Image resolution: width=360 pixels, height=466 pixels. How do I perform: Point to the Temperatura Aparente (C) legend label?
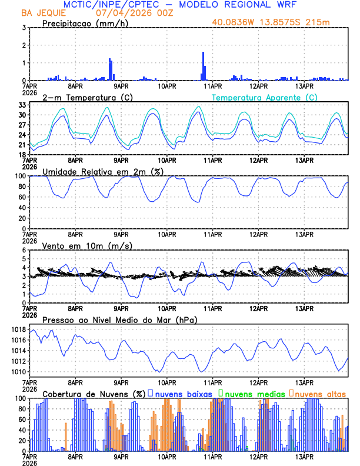[x=264, y=97]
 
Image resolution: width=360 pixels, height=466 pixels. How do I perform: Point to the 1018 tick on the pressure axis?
[x=18, y=329]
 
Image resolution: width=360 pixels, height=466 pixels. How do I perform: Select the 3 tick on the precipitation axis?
[x=24, y=28]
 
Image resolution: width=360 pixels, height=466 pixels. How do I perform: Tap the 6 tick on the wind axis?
[x=24, y=250]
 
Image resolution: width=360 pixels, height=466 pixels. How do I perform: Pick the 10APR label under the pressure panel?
[x=167, y=382]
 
